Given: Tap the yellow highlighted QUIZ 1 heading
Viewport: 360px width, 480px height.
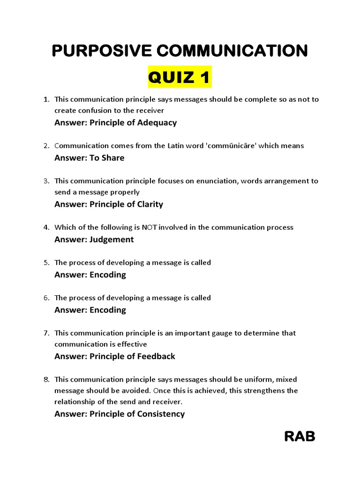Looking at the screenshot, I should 180,77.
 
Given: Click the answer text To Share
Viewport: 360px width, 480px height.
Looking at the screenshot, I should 107,158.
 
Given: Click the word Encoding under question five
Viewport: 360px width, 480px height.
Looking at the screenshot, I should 108,275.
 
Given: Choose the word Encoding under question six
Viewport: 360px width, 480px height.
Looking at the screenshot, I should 108,310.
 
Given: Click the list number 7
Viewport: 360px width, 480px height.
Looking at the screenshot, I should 46,333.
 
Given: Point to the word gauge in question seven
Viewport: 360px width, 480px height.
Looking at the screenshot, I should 255,333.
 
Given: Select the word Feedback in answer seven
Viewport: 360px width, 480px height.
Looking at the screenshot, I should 156,357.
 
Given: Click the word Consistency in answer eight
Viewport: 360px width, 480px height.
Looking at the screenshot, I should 161,414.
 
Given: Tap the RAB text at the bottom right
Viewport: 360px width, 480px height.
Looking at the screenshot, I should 300,437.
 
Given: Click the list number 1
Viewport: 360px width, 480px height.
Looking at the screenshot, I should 46,99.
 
